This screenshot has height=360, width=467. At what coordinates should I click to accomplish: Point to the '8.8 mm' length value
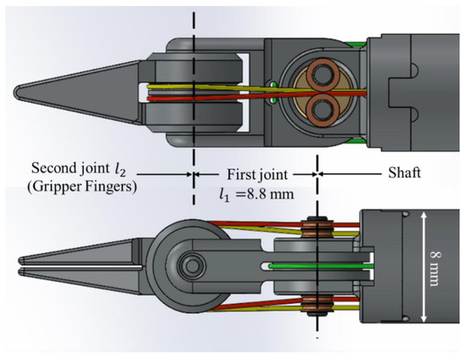tap(268, 193)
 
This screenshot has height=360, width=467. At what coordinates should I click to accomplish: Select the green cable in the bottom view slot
tap(323, 267)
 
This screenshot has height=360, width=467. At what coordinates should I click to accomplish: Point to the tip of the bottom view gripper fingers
tap(19, 269)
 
